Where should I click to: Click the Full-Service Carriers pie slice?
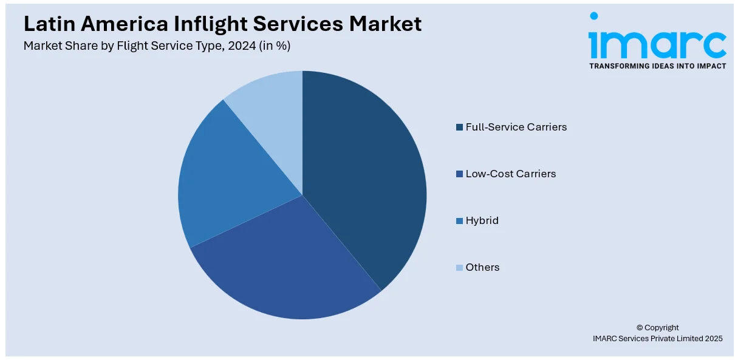pyautogui.click(x=364, y=176)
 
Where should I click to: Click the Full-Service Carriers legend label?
pyautogui.click(x=516, y=127)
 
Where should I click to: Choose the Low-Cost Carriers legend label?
pyautogui.click(x=510, y=174)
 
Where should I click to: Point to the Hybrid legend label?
pyautogui.click(x=482, y=220)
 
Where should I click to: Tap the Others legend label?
pyautogui.click(x=482, y=267)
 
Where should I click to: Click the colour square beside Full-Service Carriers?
pyautogui.click(x=459, y=127)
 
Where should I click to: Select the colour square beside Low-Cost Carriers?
pyautogui.click(x=459, y=174)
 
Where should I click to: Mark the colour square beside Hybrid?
pyautogui.click(x=459, y=221)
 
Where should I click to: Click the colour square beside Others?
pyautogui.click(x=459, y=268)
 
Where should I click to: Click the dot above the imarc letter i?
pyautogui.click(x=593, y=16)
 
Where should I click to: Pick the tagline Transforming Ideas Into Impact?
pyautogui.click(x=657, y=66)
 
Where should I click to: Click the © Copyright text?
pyautogui.click(x=657, y=327)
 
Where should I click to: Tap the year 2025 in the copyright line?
pyautogui.click(x=712, y=339)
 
